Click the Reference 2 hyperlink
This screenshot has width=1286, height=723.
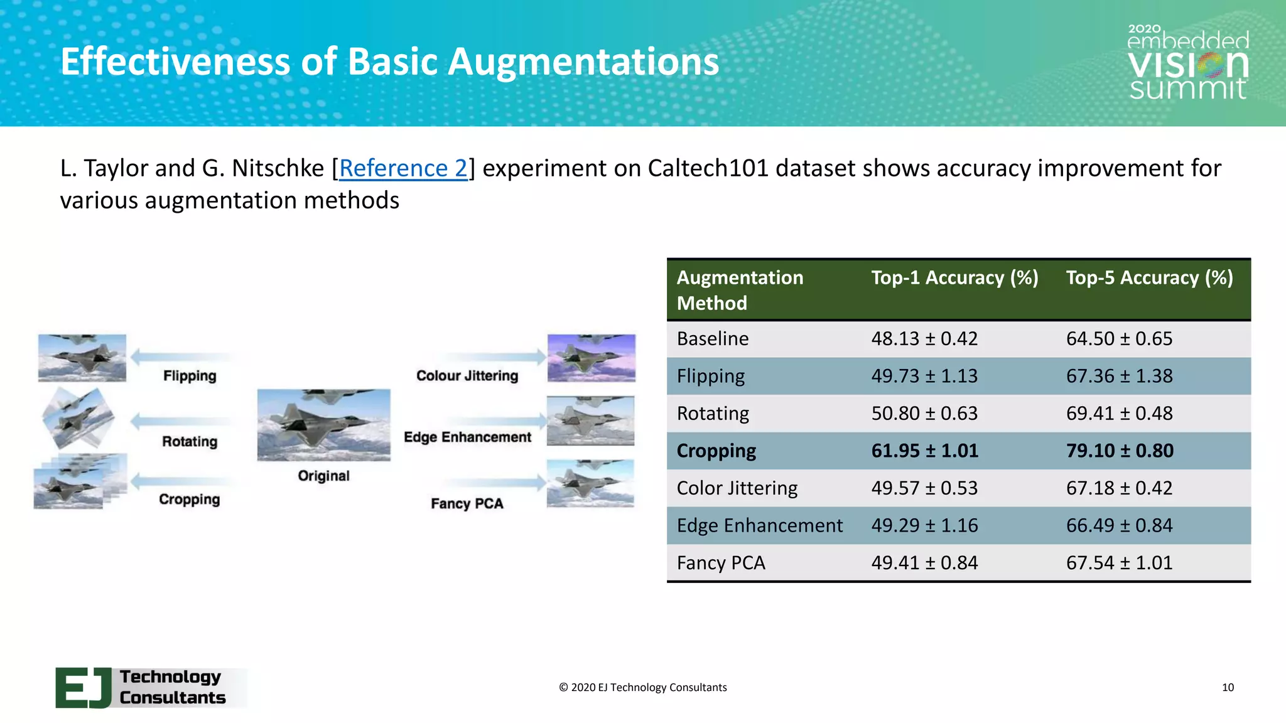point(403,168)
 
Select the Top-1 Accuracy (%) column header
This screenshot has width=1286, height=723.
point(954,277)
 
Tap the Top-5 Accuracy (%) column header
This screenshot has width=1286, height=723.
point(1149,277)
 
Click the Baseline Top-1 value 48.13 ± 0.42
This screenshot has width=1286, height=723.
point(924,339)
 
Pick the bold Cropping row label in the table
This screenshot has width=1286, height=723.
point(716,451)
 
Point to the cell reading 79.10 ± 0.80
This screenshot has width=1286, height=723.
point(1120,451)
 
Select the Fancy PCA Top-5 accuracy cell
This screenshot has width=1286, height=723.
point(1119,563)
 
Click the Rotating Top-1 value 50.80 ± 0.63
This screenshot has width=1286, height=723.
point(924,414)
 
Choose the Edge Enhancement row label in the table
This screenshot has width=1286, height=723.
point(759,525)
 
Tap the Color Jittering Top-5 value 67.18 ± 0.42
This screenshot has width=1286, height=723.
point(1119,488)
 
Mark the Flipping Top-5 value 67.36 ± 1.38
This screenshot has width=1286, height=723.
point(1119,376)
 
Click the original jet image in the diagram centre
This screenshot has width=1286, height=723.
point(323,425)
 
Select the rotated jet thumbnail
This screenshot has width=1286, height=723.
point(78,417)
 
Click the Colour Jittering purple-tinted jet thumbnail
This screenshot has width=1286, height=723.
point(591,358)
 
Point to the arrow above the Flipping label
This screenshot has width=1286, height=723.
point(182,357)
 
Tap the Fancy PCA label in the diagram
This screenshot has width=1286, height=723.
point(467,504)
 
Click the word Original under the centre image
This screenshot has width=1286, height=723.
point(323,476)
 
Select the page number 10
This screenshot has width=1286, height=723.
point(1228,687)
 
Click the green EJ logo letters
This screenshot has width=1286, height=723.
point(84,688)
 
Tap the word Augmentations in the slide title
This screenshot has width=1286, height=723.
point(583,62)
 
